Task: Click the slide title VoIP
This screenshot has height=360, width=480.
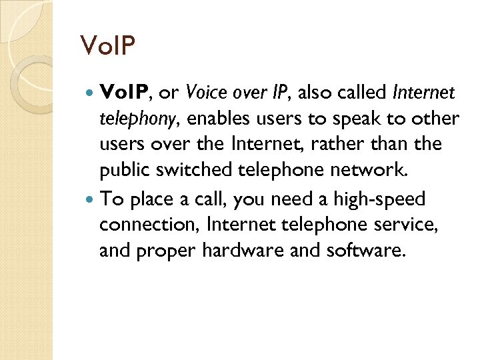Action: click(x=107, y=47)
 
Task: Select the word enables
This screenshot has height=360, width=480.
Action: click(x=217, y=119)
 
